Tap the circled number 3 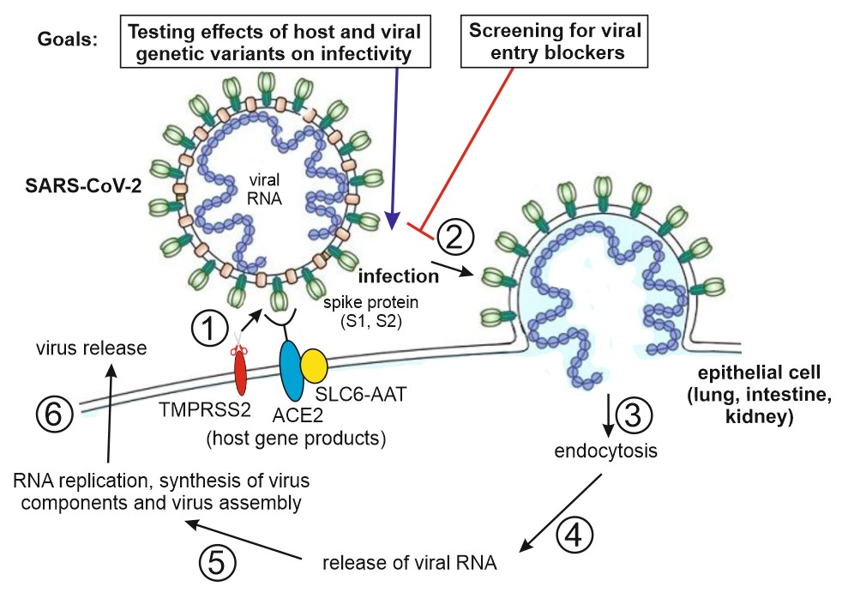click(635, 415)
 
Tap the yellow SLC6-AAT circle click(313, 365)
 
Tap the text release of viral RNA click(411, 564)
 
